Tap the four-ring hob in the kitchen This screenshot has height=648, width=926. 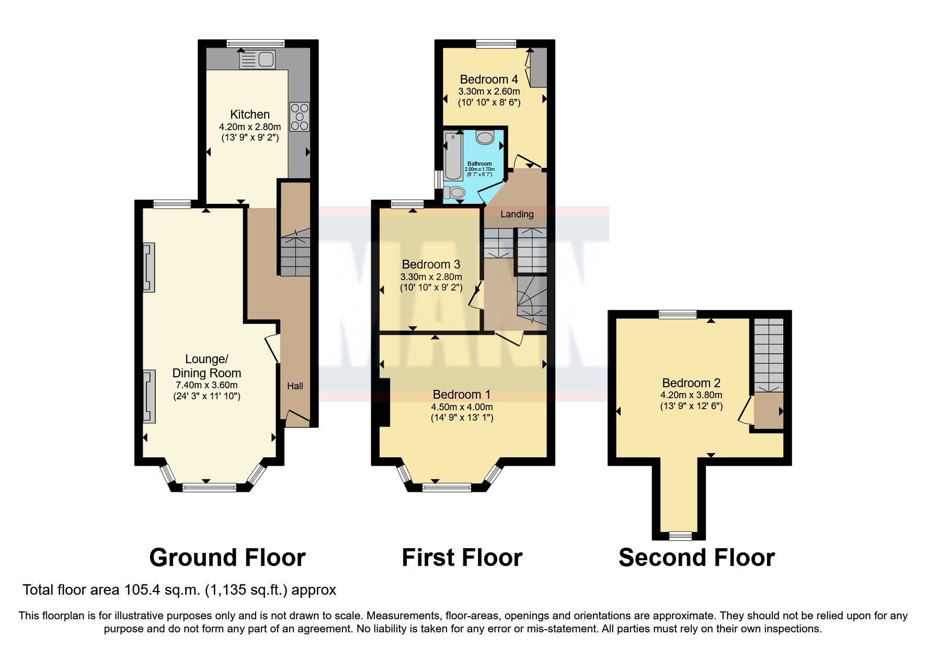point(300,117)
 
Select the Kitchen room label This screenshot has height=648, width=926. point(250,114)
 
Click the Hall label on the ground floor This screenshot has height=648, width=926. point(295,386)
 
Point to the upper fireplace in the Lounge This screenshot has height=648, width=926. point(149,267)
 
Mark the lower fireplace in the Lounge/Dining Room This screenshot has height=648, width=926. point(149,396)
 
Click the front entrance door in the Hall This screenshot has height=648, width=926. point(297,417)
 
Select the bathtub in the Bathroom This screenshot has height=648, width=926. point(453,155)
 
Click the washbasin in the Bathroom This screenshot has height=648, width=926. point(486,138)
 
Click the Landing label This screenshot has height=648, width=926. point(517,214)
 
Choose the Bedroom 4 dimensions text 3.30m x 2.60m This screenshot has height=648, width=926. point(489,91)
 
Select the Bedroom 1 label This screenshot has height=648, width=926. point(461,394)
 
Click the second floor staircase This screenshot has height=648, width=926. point(769,355)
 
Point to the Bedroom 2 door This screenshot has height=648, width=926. point(746,410)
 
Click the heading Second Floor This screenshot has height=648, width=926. point(696,558)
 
